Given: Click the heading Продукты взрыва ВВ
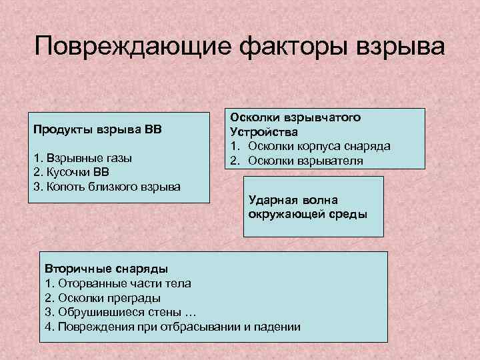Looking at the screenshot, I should (x=97, y=128).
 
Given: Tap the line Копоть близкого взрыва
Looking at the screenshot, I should (x=107, y=185).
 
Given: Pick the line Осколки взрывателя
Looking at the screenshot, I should (x=306, y=160).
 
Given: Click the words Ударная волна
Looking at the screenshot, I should (x=293, y=200).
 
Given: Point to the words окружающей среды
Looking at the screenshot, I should (x=307, y=214).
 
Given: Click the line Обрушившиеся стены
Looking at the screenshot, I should (x=121, y=312).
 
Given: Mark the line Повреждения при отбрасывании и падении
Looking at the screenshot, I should (x=173, y=327).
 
